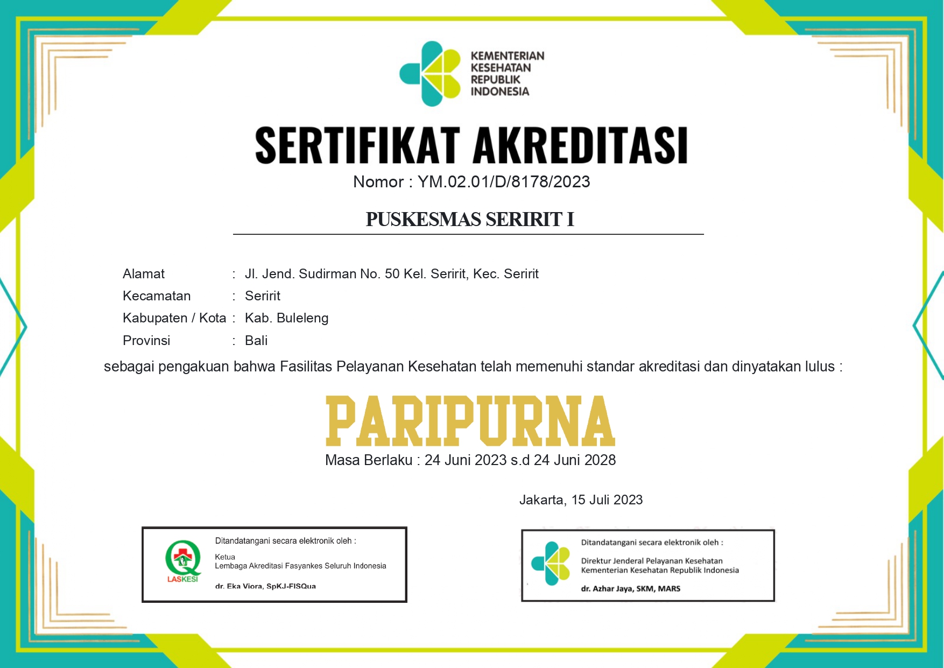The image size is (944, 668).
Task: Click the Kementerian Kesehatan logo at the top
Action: (431, 74)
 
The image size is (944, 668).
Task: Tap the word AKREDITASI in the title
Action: (580, 145)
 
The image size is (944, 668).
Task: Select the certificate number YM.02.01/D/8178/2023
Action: (504, 182)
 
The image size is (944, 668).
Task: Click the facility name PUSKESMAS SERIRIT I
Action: (470, 220)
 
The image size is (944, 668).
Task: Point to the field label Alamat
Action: (144, 274)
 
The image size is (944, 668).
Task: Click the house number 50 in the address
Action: (392, 274)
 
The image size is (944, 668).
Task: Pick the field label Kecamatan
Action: (157, 296)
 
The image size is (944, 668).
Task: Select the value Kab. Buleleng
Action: (286, 318)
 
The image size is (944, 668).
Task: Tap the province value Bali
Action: (256, 341)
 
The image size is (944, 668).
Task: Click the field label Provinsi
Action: (146, 341)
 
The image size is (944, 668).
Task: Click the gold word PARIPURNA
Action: (470, 421)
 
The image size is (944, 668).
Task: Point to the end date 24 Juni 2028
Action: (575, 460)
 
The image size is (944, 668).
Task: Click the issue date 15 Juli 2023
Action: (607, 500)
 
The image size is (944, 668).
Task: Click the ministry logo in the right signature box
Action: (551, 563)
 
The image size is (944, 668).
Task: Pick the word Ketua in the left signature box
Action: (225, 557)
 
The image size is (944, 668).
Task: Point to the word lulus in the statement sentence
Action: (820, 367)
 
